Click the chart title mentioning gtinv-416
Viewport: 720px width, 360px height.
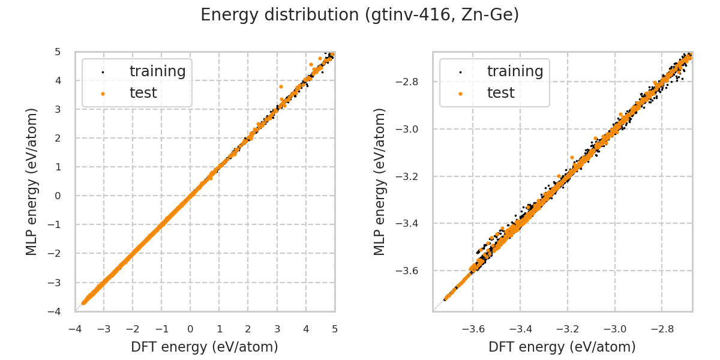tap(359, 15)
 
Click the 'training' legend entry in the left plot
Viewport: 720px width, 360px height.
tap(157, 71)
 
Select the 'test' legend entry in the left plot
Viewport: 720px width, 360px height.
tap(143, 93)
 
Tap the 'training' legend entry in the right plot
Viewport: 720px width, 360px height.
tap(515, 71)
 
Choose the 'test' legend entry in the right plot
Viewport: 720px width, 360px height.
tap(500, 93)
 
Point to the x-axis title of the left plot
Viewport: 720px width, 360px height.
tap(205, 347)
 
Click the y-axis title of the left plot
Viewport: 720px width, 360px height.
tap(32, 181)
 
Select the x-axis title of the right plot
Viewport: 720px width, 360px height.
tap(562, 347)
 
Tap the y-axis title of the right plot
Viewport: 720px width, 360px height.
tap(380, 181)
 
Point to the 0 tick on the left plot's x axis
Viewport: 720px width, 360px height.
tap(190, 329)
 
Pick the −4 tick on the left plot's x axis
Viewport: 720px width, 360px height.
tap(75, 329)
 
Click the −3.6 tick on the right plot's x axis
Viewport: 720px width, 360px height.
tap(472, 329)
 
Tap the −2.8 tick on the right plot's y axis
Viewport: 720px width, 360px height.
tap(414, 82)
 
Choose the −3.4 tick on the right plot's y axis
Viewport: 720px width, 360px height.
tap(414, 223)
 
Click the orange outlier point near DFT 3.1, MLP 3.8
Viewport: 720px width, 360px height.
tap(280, 86)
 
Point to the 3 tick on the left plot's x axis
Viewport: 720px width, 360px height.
tap(277, 329)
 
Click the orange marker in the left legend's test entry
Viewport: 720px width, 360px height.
tap(103, 94)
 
